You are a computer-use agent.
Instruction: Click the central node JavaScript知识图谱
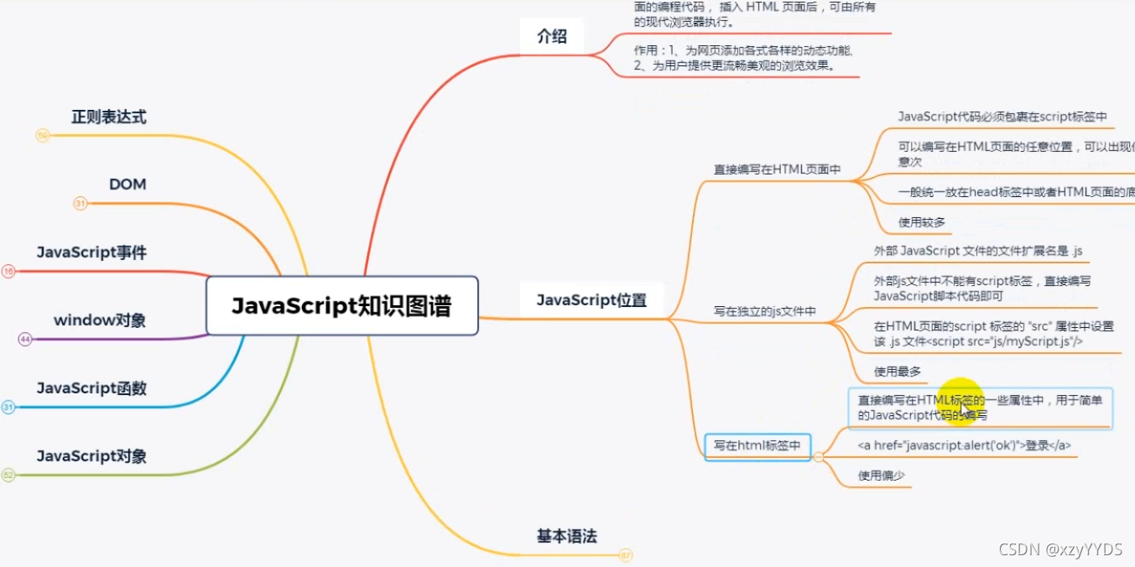341,306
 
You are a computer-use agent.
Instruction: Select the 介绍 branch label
552,36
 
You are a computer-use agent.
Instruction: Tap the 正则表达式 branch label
108,117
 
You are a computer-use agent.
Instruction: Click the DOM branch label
128,184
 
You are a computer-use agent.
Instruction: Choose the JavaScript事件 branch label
91,252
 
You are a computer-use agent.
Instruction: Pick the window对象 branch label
100,320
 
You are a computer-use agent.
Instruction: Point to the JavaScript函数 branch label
91,388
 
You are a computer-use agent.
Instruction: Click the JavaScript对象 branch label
91,456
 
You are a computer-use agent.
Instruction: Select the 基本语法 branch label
567,536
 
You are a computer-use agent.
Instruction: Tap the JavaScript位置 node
591,300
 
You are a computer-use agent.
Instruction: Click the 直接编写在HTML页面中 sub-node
777,169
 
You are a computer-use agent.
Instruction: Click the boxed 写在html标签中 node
758,446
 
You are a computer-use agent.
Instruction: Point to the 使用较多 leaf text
922,222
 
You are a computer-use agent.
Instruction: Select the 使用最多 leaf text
898,372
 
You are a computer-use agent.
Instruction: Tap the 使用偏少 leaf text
881,476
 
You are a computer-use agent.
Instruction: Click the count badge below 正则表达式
43,135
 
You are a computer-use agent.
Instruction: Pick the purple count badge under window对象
25,339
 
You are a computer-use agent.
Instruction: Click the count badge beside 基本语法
626,554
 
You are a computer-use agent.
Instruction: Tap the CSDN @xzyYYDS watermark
1060,549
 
